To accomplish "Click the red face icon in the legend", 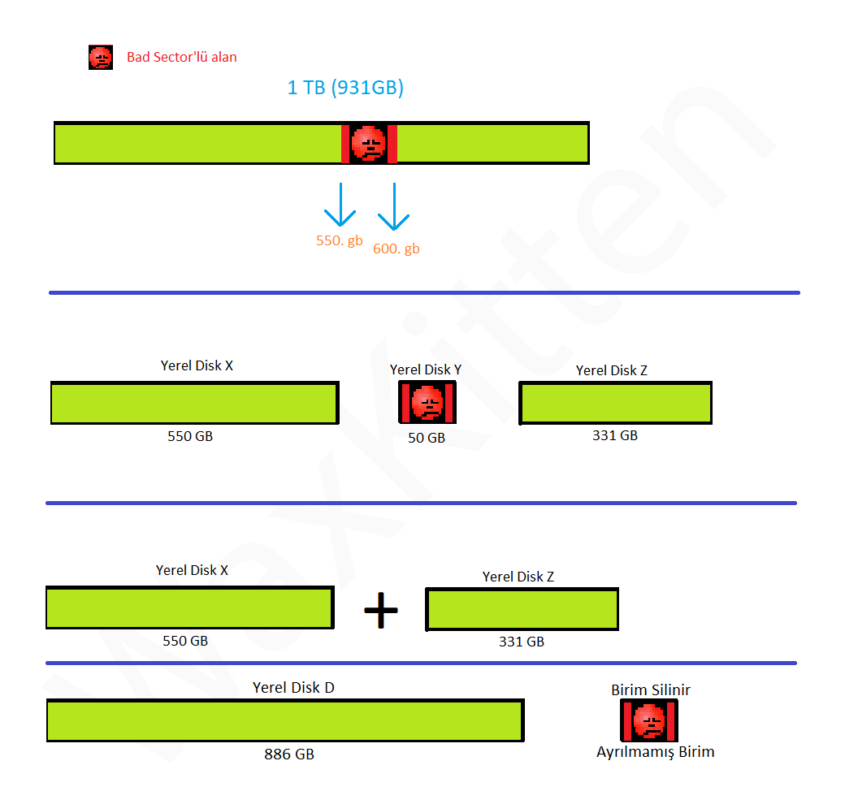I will point(100,58).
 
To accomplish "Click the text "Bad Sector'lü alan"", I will point(182,57).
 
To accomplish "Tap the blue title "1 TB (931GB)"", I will point(345,88).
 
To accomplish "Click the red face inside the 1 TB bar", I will point(369,144).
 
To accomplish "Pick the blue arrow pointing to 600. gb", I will point(394,206).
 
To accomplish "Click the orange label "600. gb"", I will point(396,249).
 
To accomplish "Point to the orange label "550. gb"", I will point(340,240).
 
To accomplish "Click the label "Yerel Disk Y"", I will point(426,370).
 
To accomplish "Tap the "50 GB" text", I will point(427,438).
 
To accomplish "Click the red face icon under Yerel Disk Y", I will point(427,403).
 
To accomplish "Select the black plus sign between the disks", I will point(380,610).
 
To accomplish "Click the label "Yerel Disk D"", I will point(293,688).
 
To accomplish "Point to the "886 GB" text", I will point(289,754).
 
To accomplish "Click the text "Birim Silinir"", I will point(651,690).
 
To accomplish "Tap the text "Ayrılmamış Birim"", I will point(656,752).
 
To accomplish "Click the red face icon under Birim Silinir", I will point(649,720).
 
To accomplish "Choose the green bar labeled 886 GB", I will point(284,720).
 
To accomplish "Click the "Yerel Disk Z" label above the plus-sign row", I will point(518,577).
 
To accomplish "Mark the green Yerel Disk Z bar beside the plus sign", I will point(522,610).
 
